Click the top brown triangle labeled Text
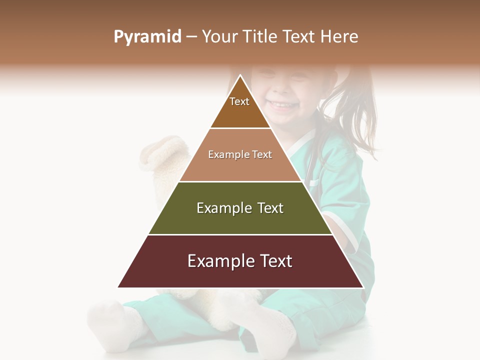pos(240,107)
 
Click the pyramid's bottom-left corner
pos(118,287)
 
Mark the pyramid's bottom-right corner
pos(363,287)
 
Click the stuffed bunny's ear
pos(160,155)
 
